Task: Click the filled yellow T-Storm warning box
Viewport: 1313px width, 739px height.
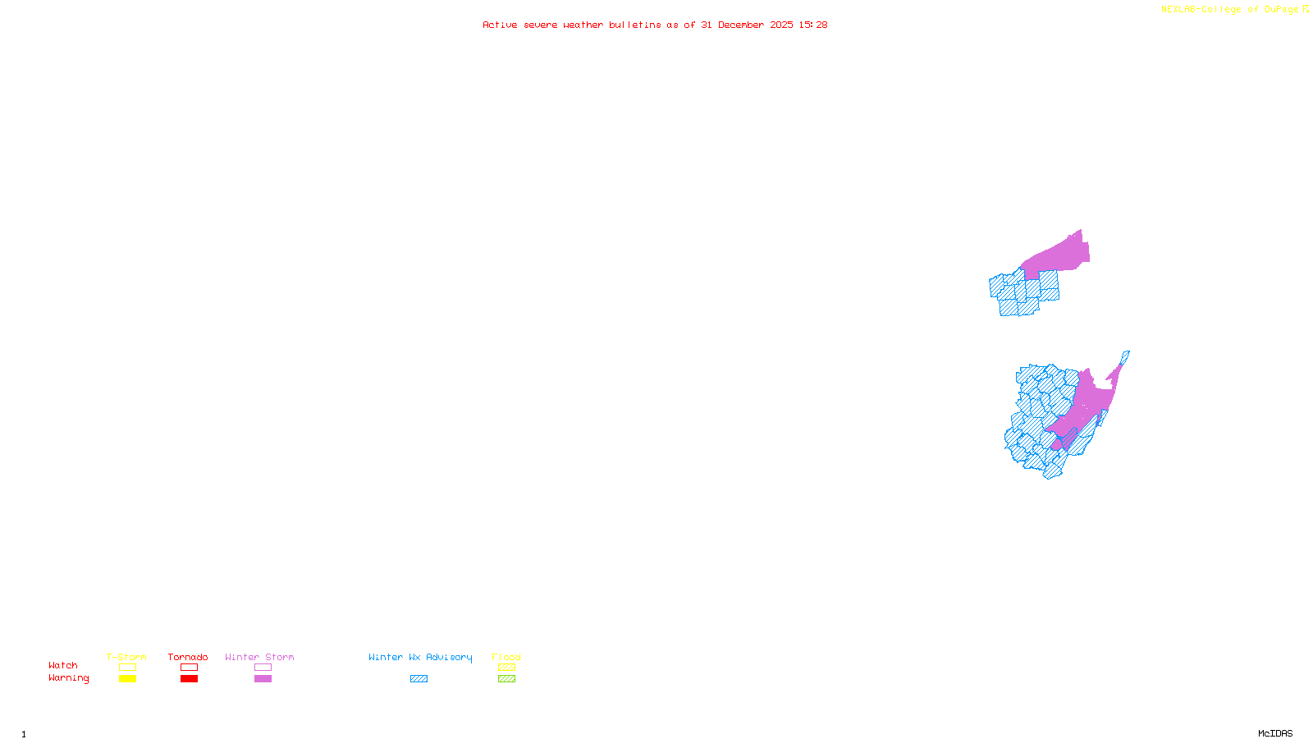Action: coord(127,679)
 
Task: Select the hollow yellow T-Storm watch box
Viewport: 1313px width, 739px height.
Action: coord(127,668)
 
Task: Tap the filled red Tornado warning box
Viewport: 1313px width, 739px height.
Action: coord(189,679)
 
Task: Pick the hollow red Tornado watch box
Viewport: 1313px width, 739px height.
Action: coord(189,668)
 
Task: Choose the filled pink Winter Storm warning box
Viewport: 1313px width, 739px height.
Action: coord(263,679)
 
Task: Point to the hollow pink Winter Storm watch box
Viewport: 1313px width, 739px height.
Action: coord(263,668)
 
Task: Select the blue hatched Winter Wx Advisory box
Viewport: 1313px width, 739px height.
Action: coord(419,679)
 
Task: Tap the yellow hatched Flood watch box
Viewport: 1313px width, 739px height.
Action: coord(506,668)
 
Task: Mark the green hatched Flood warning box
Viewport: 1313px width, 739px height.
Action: coord(506,679)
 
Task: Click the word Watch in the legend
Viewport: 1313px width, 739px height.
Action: coord(63,666)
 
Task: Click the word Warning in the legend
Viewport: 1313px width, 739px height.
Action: coord(68,678)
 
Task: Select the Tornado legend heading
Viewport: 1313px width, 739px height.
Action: coord(188,657)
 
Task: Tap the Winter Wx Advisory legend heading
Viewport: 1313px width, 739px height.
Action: coord(420,657)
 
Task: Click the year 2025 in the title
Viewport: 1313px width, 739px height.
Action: coord(781,25)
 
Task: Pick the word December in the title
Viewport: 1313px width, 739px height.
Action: coord(741,25)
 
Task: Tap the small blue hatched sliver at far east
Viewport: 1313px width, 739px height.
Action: coord(1125,357)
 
